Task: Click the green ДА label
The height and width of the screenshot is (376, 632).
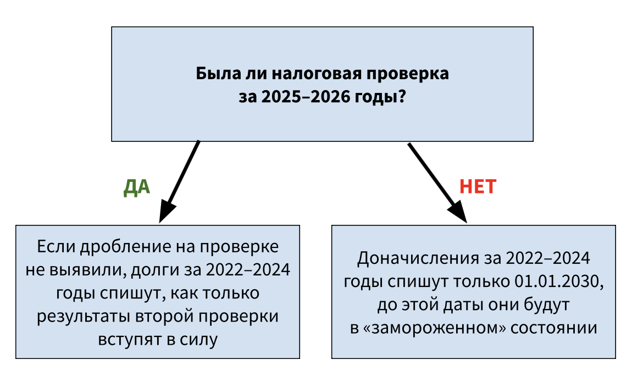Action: point(137,187)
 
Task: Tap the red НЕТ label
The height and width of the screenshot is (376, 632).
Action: point(478,186)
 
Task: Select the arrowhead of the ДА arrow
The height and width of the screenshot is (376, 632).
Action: point(167,211)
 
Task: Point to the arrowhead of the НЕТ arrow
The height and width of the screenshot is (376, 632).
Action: point(458,212)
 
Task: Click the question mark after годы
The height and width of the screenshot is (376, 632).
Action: point(401,97)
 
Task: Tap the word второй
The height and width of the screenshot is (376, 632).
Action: point(165,316)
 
